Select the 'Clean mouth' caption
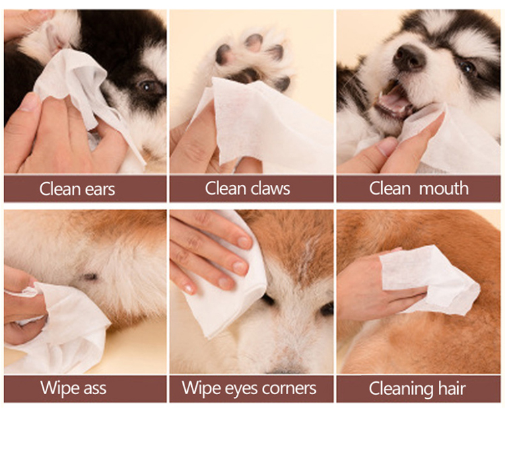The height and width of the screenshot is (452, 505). point(419,188)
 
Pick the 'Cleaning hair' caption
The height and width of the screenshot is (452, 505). point(417,388)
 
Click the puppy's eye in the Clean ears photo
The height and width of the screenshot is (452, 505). point(149,86)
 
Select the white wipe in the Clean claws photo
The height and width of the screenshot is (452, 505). point(269,124)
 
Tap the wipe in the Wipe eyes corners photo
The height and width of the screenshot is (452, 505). point(229,296)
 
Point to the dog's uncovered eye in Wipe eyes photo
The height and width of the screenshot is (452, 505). point(327,309)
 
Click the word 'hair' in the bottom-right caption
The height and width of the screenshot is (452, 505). point(451,388)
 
